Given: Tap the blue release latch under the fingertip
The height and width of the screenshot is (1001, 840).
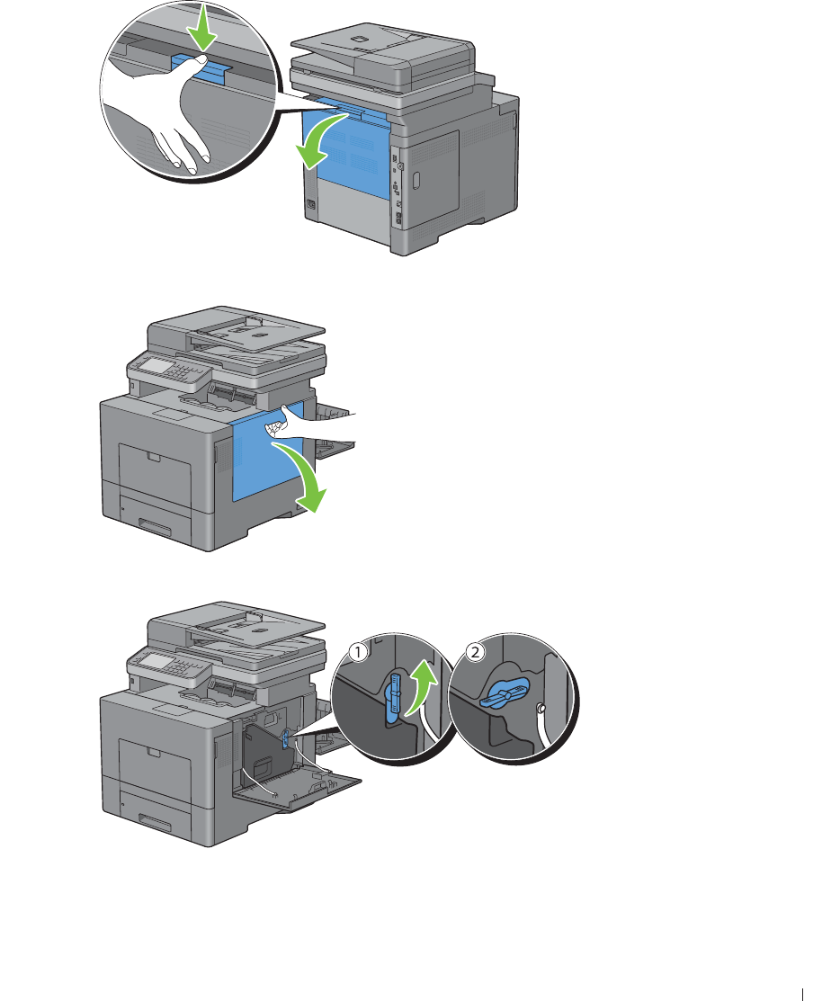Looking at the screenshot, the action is coord(201,68).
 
